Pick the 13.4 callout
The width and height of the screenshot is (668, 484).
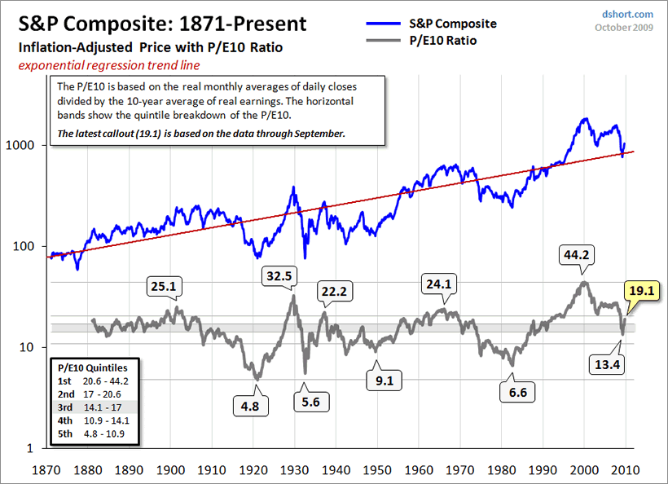pyautogui.click(x=606, y=364)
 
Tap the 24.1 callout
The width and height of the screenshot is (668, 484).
pyautogui.click(x=438, y=285)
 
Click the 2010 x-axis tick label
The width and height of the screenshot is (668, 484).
pyautogui.click(x=626, y=469)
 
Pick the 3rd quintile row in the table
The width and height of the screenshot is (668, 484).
pyautogui.click(x=93, y=407)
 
